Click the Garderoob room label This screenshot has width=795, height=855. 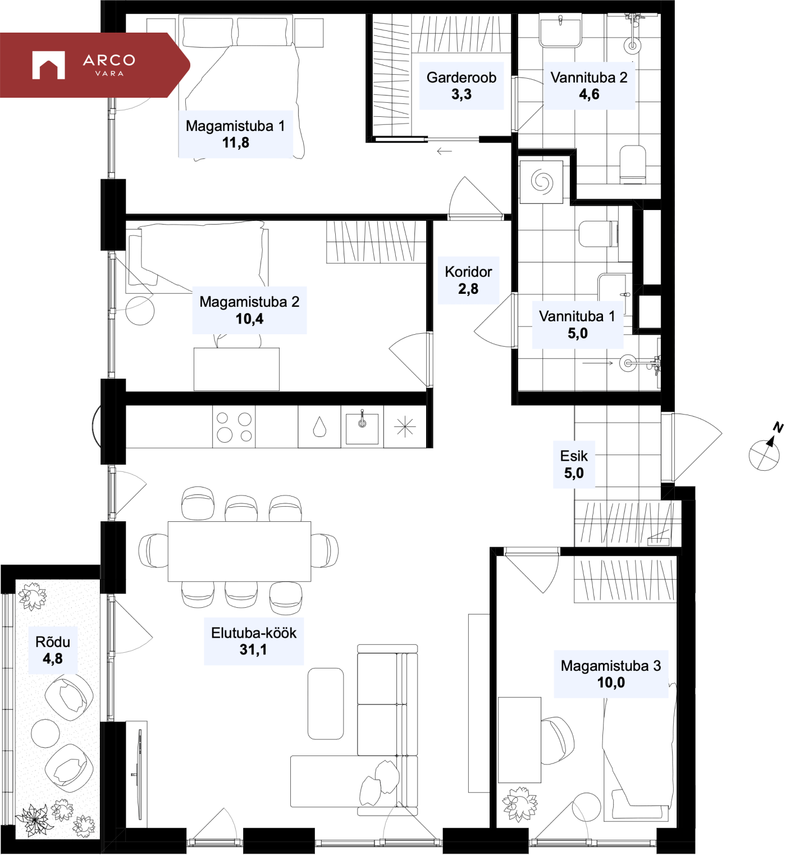462,78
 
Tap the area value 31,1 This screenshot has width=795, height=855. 253,650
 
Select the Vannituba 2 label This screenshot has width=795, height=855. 589,78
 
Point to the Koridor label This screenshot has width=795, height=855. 468,272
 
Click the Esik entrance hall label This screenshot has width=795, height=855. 574,456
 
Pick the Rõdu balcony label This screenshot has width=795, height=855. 53,642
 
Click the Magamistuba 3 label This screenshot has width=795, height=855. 611,666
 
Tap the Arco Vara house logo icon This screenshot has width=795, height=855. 48,65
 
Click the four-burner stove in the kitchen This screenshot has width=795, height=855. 234,427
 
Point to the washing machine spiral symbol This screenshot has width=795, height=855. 542,181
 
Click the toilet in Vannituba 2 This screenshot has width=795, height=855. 633,164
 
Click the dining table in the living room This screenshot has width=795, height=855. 239,551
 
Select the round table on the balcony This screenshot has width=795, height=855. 45,733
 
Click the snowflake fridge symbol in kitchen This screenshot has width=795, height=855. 405,427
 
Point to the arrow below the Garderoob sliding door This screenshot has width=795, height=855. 444,151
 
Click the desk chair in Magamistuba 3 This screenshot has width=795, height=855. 557,740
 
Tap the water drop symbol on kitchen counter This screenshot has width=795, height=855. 319,426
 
